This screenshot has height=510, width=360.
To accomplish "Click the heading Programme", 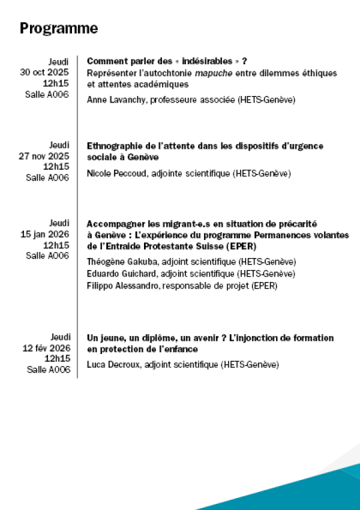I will click(x=59, y=28).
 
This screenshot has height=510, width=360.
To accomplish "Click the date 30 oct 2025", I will click(x=44, y=72).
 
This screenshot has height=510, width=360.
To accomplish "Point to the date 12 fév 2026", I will click(x=46, y=347).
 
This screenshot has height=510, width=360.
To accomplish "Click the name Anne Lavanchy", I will click(x=112, y=100).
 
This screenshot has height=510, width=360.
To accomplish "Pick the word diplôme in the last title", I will click(x=145, y=338).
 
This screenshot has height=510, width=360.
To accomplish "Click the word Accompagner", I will click(x=113, y=224).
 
